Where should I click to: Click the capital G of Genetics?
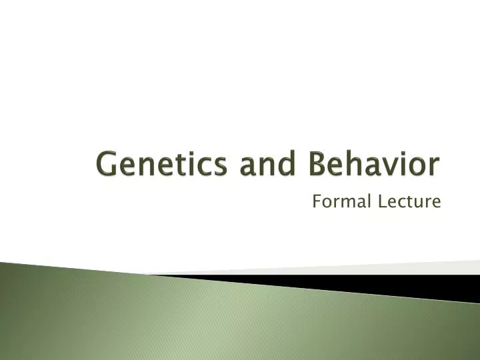(107, 165)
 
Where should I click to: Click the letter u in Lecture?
(419, 201)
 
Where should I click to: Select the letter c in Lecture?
(401, 201)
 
